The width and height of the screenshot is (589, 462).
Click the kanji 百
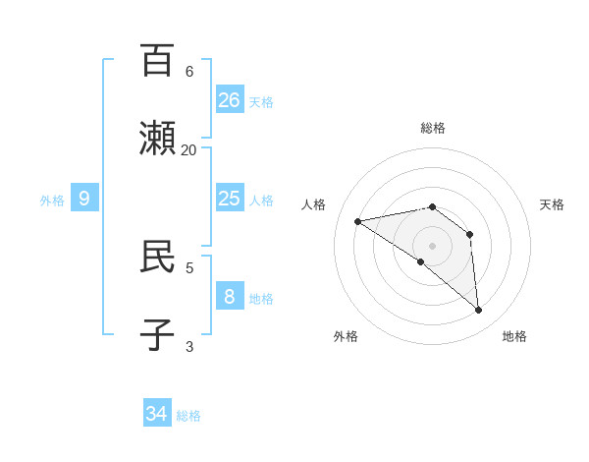click(157, 60)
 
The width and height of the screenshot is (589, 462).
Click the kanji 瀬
click(157, 139)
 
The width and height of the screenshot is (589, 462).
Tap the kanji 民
click(157, 257)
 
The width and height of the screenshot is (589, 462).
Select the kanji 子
click(157, 335)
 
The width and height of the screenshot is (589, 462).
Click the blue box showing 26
click(230, 99)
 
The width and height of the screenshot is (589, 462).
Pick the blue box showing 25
click(230, 199)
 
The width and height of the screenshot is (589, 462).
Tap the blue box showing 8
click(230, 296)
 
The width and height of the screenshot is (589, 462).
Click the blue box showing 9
click(84, 199)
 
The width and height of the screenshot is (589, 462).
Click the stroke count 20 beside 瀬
click(188, 149)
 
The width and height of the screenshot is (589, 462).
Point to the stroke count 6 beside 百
click(188, 71)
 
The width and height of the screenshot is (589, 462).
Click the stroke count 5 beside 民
click(188, 266)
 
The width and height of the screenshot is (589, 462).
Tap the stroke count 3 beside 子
click(188, 346)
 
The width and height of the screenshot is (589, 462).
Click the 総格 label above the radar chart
click(432, 128)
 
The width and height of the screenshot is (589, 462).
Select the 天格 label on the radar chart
click(552, 204)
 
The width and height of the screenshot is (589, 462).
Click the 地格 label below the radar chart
click(514, 336)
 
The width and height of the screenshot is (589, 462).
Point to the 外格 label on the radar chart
click(346, 336)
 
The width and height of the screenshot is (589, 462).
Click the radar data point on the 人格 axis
click(358, 221)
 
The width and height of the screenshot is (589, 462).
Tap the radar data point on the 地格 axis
click(478, 311)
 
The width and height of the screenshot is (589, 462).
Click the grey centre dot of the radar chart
click(432, 246)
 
